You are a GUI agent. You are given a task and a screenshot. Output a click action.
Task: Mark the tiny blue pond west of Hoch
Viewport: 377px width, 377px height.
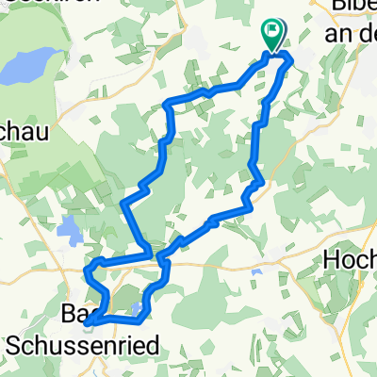click(257, 273)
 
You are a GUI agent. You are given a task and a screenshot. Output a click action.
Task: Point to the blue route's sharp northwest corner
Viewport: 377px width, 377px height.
click(168, 102)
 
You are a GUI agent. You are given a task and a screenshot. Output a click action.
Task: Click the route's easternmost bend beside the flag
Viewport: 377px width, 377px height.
click(288, 63)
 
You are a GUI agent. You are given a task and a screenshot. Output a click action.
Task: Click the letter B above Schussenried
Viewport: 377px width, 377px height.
click(69, 313)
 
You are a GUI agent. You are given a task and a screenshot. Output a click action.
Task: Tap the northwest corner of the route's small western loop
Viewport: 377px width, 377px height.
click(91, 270)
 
